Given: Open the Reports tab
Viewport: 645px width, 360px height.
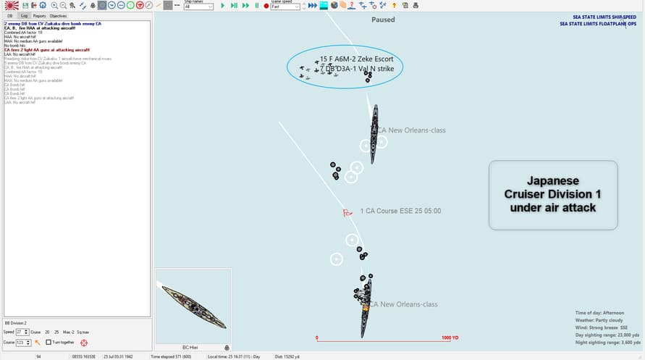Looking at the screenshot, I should [x=39, y=15].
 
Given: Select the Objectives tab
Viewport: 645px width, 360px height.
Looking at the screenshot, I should [x=58, y=15].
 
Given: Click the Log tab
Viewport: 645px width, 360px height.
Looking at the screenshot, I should [x=24, y=15].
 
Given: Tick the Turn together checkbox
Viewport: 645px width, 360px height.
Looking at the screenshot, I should [x=49, y=342].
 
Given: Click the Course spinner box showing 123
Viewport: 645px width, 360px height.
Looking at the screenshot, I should [x=22, y=342].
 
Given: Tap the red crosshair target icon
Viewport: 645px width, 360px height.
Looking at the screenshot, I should [x=84, y=342].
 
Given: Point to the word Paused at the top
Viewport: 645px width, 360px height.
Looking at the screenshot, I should [x=383, y=20].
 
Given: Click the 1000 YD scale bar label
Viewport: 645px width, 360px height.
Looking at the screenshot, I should [x=450, y=338].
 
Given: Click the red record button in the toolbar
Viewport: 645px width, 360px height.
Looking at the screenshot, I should [x=266, y=6].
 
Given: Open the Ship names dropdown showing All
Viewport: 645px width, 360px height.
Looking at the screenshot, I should [x=198, y=7].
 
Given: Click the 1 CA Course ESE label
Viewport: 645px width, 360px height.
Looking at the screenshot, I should [x=400, y=212].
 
